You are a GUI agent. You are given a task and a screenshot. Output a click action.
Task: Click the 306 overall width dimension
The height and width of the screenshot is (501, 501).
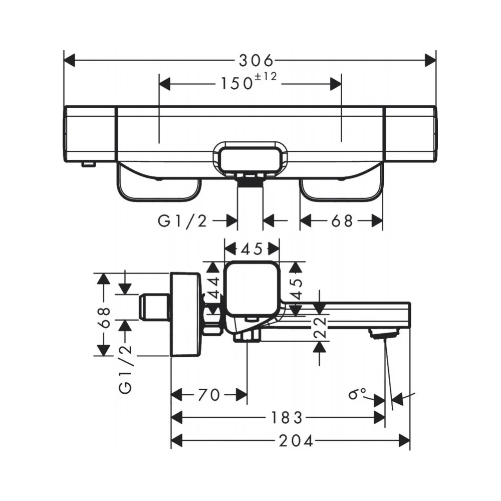point(256,61)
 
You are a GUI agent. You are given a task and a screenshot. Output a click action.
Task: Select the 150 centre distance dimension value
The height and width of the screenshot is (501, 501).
point(236,84)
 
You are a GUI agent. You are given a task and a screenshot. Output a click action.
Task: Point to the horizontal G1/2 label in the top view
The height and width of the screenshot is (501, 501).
point(182,221)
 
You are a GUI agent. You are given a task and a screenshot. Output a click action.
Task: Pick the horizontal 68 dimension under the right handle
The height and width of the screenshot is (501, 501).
point(342,221)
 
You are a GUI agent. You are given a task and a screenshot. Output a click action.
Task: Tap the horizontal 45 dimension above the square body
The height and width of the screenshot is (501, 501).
point(252,249)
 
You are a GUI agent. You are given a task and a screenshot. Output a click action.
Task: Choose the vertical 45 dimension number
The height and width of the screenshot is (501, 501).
point(297,289)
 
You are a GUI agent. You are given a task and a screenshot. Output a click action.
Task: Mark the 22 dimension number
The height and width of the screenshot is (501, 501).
point(320,328)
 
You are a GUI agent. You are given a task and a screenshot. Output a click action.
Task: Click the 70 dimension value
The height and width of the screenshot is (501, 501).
point(209,395)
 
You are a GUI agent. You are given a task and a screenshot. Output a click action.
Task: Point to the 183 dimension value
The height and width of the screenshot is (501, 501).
point(287,418)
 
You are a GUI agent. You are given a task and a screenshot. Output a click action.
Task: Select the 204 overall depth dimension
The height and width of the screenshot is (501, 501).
point(296,441)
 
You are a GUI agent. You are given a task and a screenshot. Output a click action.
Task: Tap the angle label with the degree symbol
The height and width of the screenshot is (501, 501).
point(357,394)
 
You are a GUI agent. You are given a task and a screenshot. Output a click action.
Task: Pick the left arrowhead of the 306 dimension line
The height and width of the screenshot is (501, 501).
point(69,61)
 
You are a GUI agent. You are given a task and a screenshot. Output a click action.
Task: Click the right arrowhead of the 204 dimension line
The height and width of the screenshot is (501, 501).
point(404,441)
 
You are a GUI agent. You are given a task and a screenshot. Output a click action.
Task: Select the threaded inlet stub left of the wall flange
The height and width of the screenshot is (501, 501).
point(154,306)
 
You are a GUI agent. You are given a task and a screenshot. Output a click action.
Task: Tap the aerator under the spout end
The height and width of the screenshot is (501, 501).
point(384,333)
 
